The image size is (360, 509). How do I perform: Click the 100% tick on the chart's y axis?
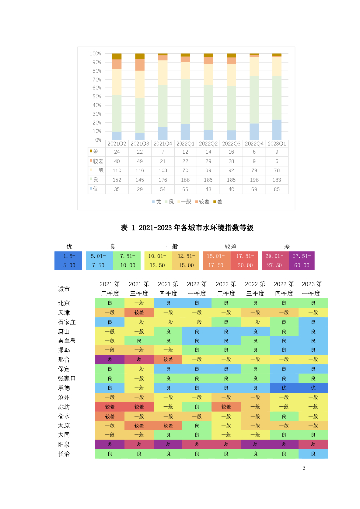click(95, 53)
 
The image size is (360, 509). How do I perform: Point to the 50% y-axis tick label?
click(96, 96)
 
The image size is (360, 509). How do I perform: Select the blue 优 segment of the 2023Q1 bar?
click(277, 130)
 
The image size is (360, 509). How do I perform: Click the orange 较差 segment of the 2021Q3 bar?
click(140, 65)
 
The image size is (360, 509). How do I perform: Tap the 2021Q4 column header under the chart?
click(163, 143)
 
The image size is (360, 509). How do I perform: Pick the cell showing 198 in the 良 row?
click(254, 179)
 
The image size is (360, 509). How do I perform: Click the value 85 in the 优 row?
click(277, 189)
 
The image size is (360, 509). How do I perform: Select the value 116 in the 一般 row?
click(140, 170)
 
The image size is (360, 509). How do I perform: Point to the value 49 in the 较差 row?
click(140, 161)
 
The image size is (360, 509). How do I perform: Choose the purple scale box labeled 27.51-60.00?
click(301, 260)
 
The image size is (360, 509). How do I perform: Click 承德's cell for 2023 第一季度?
click(313, 388)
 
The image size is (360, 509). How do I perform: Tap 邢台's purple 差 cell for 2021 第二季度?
click(110, 359)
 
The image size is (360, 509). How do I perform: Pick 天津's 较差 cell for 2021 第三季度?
click(139, 312)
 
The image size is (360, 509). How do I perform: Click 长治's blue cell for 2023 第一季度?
click(313, 454)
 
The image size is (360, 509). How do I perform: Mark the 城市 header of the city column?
click(64, 289)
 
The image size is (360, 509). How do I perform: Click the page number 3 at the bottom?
click(304, 469)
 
